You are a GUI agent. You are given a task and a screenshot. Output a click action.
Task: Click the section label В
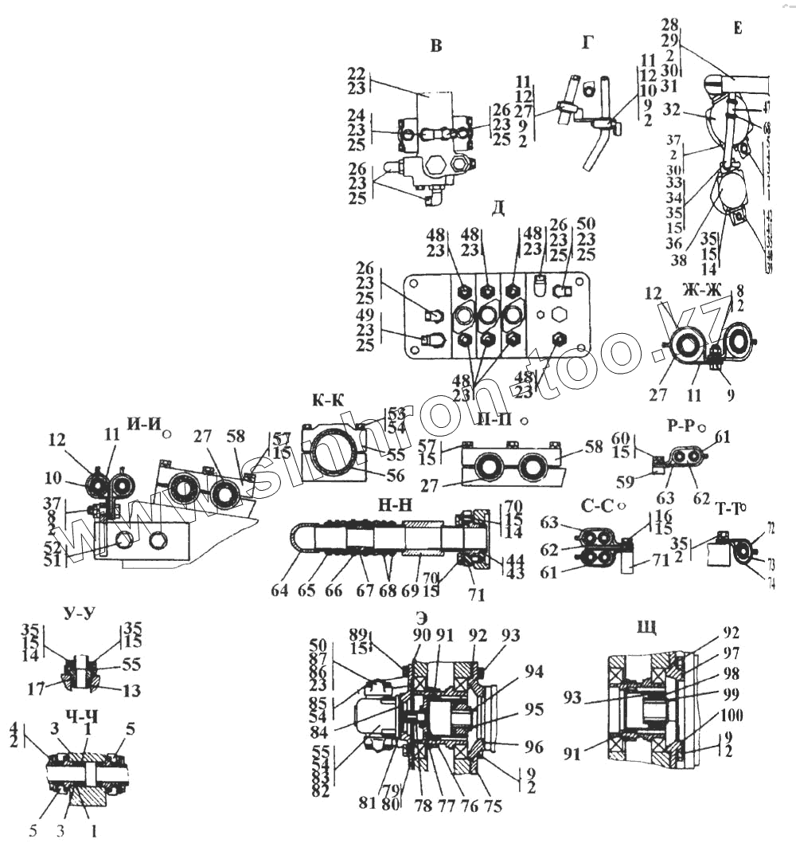[435, 45]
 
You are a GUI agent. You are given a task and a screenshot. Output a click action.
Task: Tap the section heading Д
[498, 208]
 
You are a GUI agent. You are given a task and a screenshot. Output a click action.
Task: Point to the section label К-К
[329, 401]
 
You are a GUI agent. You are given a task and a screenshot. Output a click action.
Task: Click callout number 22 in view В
[357, 73]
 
